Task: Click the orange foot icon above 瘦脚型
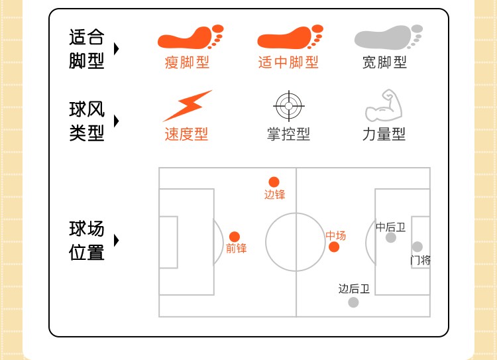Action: pos(190,37)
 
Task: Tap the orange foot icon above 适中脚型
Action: pos(290,37)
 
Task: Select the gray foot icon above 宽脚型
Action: pos(388,37)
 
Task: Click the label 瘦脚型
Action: pos(187,63)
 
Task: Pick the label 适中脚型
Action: pos(288,63)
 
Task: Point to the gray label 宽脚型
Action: pos(384,63)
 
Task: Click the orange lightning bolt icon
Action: pos(188,106)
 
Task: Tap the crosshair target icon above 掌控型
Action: pos(288,105)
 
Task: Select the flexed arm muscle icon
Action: pos(384,105)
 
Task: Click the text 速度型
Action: pos(186,134)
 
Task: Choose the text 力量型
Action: pos(384,134)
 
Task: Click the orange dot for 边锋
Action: pos(274,182)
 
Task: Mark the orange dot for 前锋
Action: pos(235,237)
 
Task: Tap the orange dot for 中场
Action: pos(334,247)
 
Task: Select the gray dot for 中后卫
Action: pos(391,237)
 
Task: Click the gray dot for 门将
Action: pos(417,247)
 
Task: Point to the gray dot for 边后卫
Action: pos(353,302)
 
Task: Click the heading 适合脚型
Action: pos(87,49)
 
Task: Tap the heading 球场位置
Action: pos(87,241)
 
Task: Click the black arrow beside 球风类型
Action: pos(117,121)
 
